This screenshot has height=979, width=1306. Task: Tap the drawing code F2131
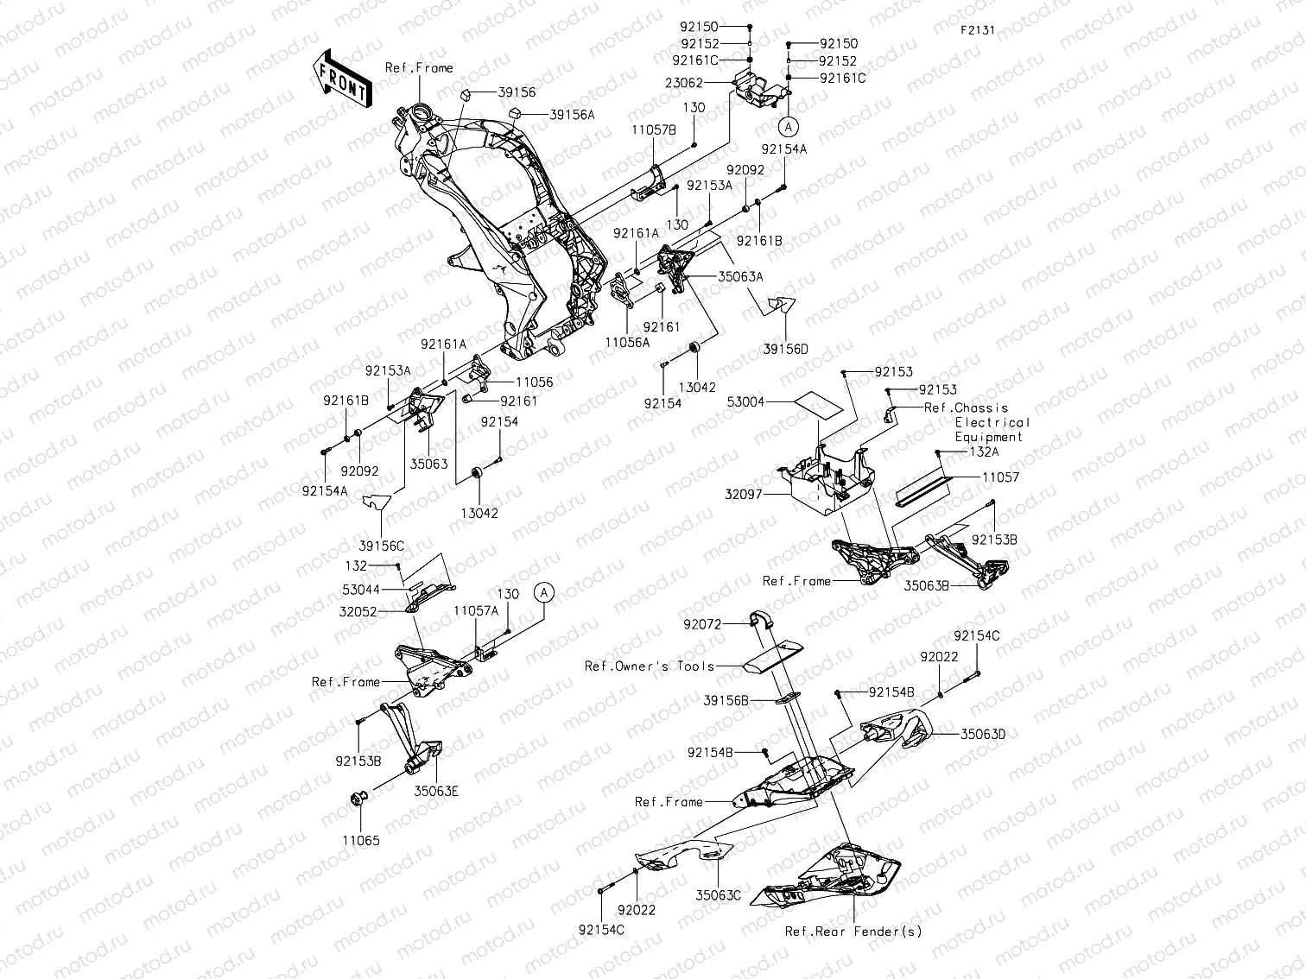click(x=977, y=29)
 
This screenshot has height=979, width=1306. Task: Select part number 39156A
click(x=572, y=114)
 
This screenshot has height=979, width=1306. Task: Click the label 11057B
click(x=654, y=129)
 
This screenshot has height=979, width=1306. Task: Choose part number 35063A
click(x=740, y=277)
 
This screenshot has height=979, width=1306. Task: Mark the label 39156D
click(x=785, y=349)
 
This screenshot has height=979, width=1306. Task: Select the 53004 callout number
click(x=746, y=401)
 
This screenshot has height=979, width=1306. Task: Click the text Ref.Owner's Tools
click(x=650, y=666)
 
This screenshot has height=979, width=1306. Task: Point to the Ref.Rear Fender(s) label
click(x=853, y=932)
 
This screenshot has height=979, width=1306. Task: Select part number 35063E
click(x=435, y=790)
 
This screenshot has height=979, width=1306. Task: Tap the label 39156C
click(x=383, y=546)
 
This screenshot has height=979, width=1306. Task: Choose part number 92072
click(x=702, y=622)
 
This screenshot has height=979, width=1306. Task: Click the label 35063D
click(x=983, y=735)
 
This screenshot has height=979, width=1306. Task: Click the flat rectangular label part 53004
click(x=817, y=401)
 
